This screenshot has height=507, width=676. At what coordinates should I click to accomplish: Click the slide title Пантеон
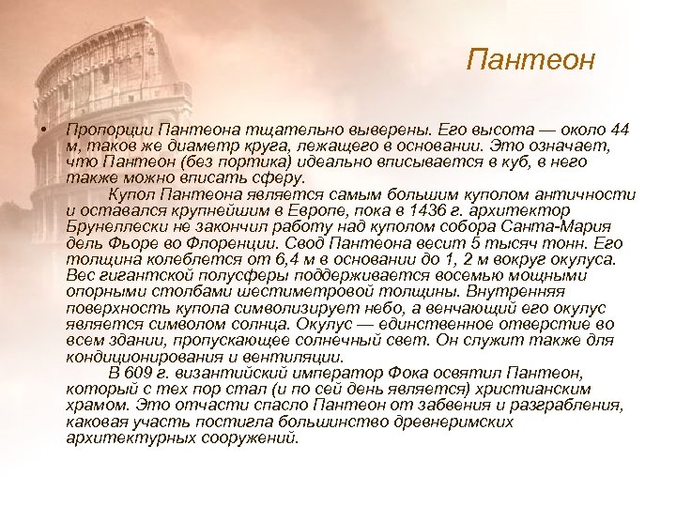pos(530,62)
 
